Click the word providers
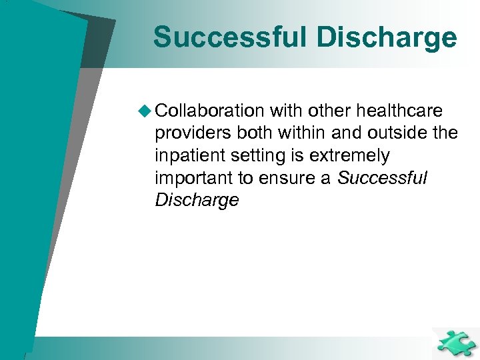(192, 133)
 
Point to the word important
(191, 179)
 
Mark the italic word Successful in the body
(382, 179)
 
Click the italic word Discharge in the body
(197, 201)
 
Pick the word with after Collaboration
(287, 111)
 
